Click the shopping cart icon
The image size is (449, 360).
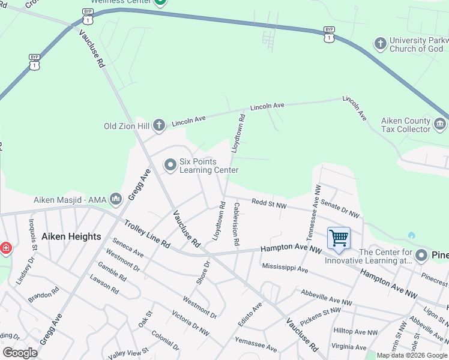[x=339, y=238]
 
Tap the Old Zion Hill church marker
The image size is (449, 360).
[x=158, y=125]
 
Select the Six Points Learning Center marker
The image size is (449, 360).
[x=170, y=164]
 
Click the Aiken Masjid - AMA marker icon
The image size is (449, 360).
[x=116, y=199]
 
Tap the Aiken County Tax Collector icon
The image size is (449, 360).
[x=439, y=124]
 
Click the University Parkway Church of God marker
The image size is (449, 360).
[x=380, y=43]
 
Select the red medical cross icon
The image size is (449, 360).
[x=5, y=248]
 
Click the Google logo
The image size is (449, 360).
[x=20, y=353]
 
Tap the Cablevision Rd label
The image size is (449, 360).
[x=237, y=224]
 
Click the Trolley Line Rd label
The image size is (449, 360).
[x=147, y=234]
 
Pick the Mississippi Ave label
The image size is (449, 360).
[x=285, y=267]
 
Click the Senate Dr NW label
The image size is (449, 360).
[x=340, y=209]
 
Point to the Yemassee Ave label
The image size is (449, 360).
[x=256, y=344]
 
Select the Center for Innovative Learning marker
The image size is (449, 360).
[x=421, y=255]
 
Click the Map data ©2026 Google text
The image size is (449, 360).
[x=412, y=355]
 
